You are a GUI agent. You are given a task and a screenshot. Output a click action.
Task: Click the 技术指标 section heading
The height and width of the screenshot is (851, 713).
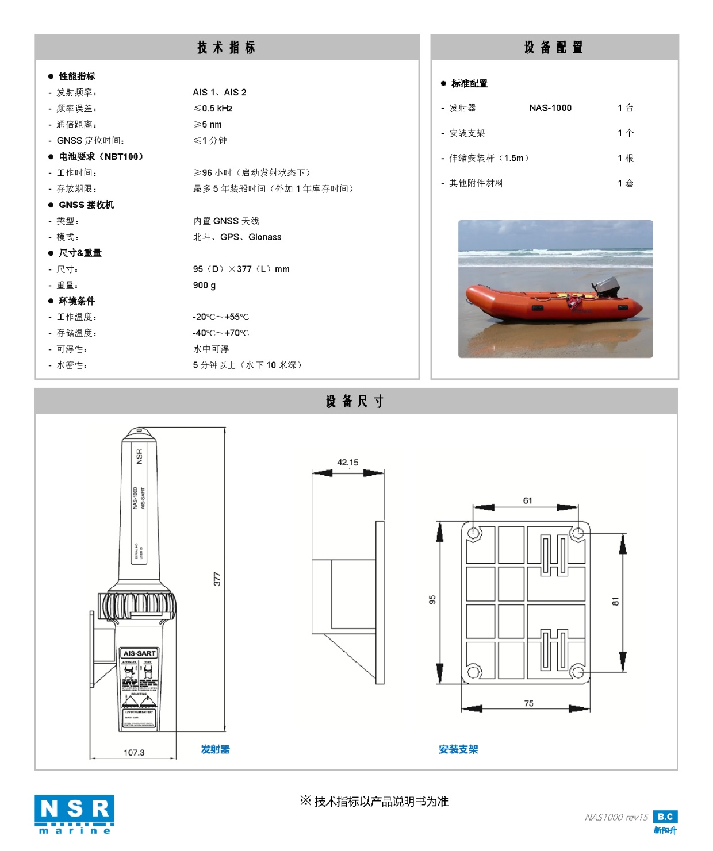pyautogui.click(x=227, y=48)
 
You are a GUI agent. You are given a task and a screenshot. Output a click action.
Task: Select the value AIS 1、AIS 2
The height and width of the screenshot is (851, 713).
pyautogui.click(x=220, y=93)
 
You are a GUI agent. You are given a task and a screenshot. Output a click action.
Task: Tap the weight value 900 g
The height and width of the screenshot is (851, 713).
pyautogui.click(x=204, y=286)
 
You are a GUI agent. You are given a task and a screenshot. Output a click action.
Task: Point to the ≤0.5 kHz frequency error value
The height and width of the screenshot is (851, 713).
pyautogui.click(x=213, y=109)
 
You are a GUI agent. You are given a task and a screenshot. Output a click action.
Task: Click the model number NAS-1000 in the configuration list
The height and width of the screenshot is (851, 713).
pyautogui.click(x=550, y=108)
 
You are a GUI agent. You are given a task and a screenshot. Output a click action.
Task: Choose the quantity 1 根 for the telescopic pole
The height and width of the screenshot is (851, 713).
pyautogui.click(x=626, y=159)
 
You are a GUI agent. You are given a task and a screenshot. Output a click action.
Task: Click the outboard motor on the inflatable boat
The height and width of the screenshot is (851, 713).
pyautogui.click(x=605, y=285)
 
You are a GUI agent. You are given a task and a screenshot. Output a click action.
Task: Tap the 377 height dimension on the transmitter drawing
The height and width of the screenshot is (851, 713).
pyautogui.click(x=217, y=579)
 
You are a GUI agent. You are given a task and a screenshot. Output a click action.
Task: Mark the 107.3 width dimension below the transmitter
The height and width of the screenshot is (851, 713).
pyautogui.click(x=134, y=753)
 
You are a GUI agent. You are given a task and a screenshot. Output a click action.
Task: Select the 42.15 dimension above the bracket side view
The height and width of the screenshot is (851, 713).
pyautogui.click(x=347, y=463)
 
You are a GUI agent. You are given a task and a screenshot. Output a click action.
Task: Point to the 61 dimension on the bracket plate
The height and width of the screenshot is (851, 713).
pyautogui.click(x=527, y=501)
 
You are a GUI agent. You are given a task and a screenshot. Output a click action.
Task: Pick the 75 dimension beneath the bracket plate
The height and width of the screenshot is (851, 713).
pyautogui.click(x=528, y=703)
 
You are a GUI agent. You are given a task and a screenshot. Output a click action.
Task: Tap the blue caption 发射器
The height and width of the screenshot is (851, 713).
pyautogui.click(x=215, y=749)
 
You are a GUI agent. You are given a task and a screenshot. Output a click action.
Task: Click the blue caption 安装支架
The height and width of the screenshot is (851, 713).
pyautogui.click(x=458, y=749)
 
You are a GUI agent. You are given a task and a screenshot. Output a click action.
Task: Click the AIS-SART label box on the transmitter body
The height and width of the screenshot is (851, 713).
pyautogui.click(x=139, y=653)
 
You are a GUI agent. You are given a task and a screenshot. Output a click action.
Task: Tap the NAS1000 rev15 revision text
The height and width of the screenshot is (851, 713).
pyautogui.click(x=616, y=817)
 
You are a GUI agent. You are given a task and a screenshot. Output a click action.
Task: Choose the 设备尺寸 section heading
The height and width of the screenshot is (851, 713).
pyautogui.click(x=355, y=402)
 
